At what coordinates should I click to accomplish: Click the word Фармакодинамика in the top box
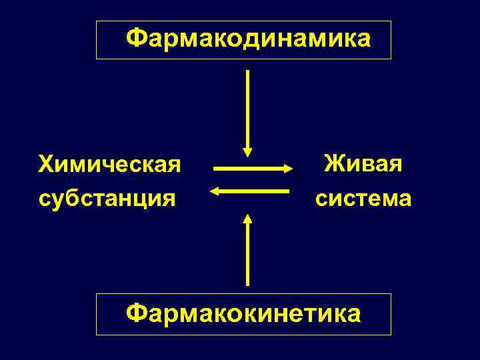tap(248, 39)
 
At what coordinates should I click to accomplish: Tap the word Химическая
tap(110, 163)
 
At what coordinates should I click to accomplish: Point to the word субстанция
tap(107, 198)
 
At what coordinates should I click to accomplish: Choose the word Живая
tap(363, 163)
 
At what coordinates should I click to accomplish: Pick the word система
tap(363, 198)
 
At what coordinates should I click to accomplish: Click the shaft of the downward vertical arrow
tap(248, 107)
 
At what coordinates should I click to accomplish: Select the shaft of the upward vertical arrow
tap(248, 253)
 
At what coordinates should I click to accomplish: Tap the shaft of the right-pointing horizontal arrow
tap(247, 168)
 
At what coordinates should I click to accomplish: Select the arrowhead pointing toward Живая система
tap(287, 168)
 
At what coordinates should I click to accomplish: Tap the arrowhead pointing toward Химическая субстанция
tap(215, 192)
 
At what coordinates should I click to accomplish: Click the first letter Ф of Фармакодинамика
tap(135, 39)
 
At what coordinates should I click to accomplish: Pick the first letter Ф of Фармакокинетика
tap(135, 312)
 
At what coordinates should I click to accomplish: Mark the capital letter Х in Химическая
tap(46, 163)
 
